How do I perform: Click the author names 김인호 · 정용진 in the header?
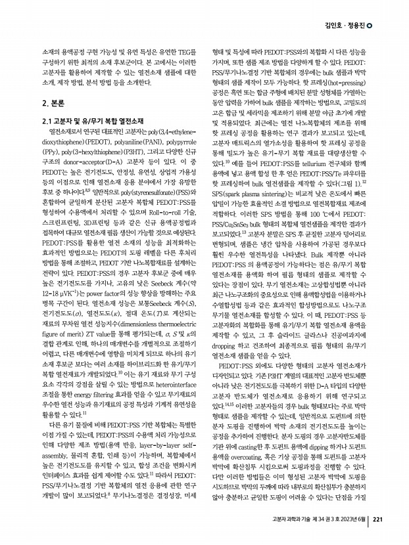[x=344, y=26]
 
